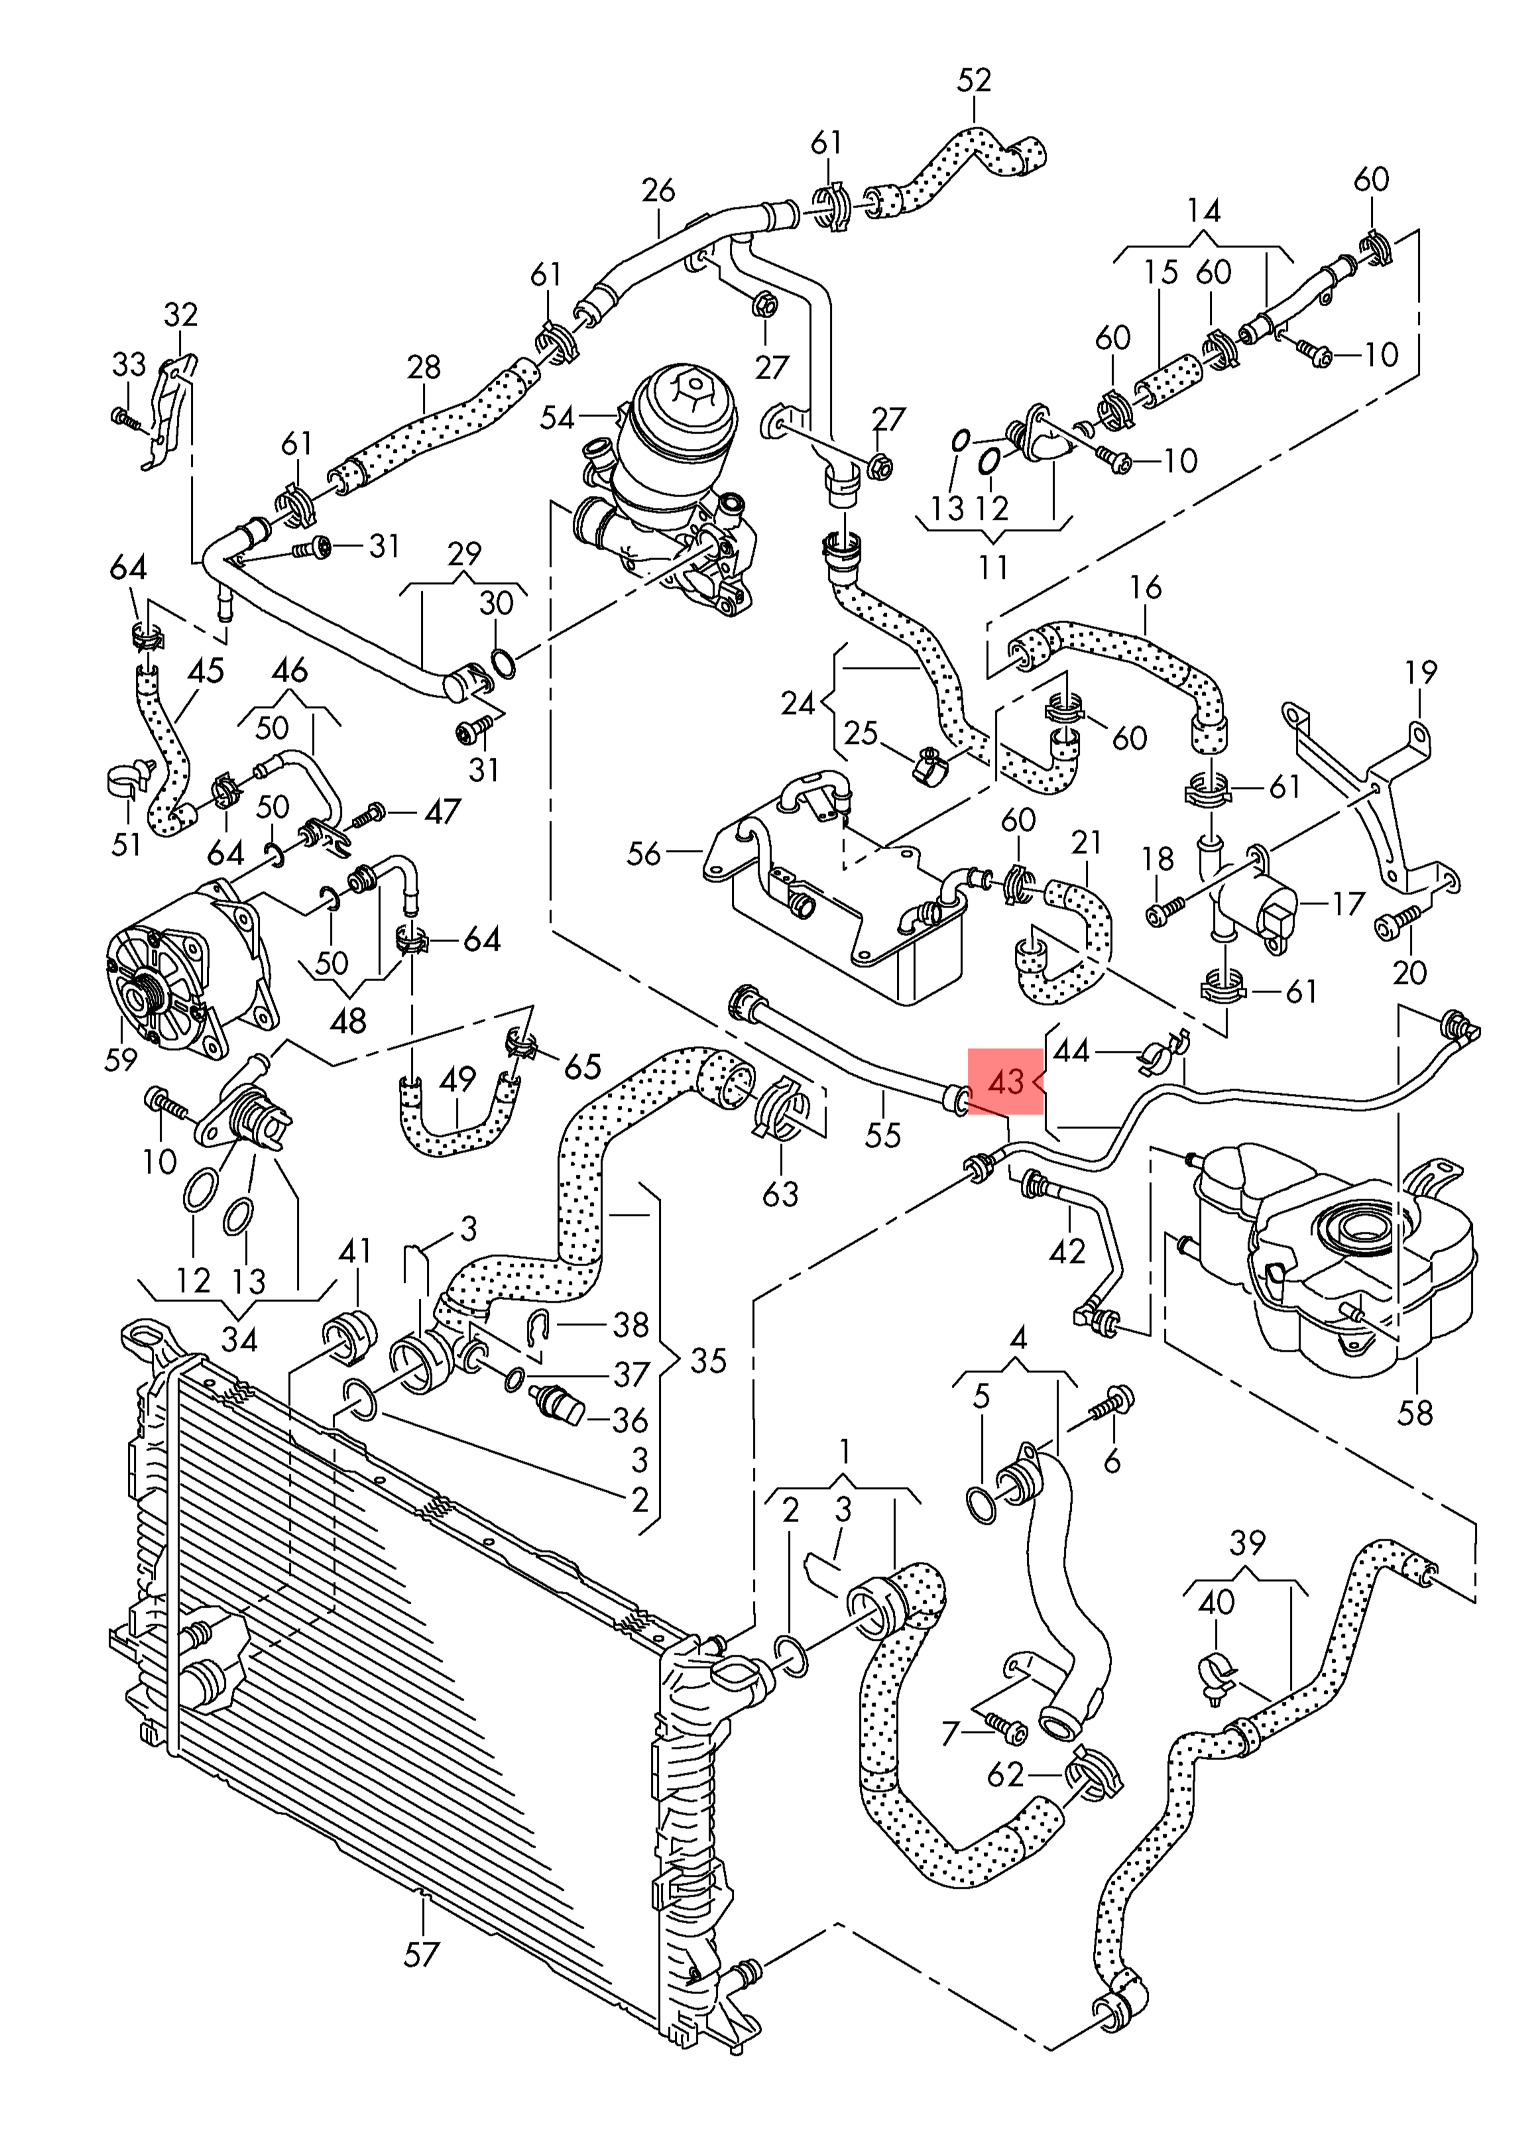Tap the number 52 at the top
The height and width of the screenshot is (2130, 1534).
tap(973, 81)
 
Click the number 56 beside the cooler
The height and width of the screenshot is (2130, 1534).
tap(644, 854)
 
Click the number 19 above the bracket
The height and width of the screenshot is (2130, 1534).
tap(1421, 672)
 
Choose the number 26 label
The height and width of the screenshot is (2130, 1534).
tap(658, 191)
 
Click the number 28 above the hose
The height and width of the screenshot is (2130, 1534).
tap(424, 367)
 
